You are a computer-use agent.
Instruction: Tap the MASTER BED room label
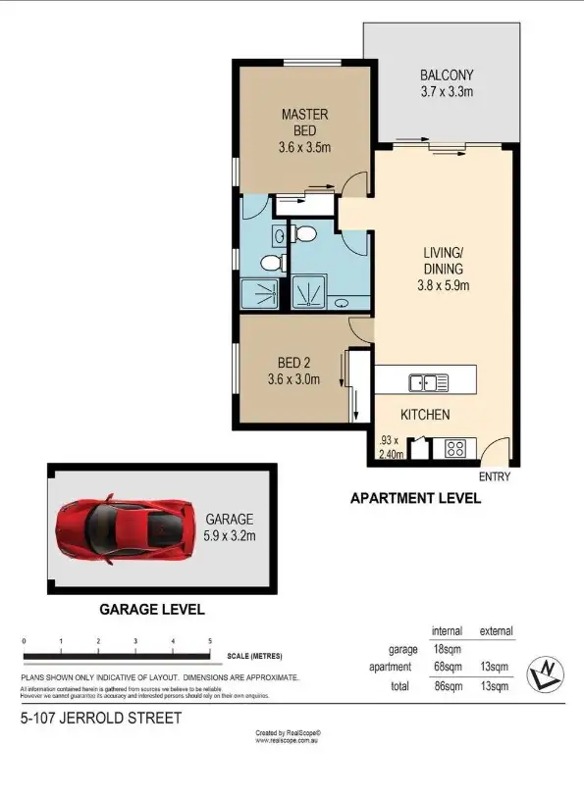point(304,115)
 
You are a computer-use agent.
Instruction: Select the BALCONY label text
point(447,75)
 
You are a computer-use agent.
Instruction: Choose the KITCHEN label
point(425,415)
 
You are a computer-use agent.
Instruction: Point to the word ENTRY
point(494,476)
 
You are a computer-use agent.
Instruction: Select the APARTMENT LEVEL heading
point(415,498)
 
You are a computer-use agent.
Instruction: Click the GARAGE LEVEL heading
point(151,609)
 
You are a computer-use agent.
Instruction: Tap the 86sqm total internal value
point(447,686)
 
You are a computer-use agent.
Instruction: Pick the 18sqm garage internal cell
point(447,649)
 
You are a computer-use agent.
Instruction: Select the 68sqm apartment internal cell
point(447,667)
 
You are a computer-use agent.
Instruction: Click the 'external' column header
point(496,630)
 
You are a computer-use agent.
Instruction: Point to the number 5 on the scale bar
point(210,641)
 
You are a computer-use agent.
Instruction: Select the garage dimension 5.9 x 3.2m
point(230,535)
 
